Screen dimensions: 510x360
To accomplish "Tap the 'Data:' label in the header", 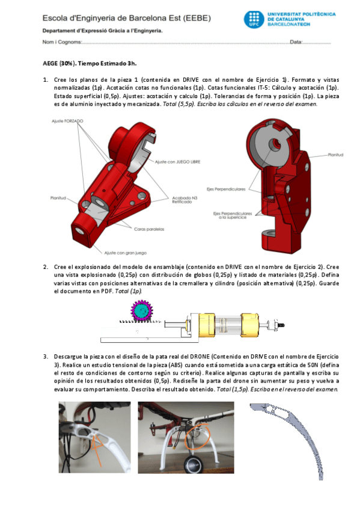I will click(x=296, y=43).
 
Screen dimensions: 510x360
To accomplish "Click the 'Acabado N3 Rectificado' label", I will click(x=180, y=201).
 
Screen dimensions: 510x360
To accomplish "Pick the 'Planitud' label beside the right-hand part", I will click(x=335, y=155).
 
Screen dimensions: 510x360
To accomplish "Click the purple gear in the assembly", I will click(x=141, y=310).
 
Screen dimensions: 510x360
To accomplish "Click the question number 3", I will click(x=45, y=356).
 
